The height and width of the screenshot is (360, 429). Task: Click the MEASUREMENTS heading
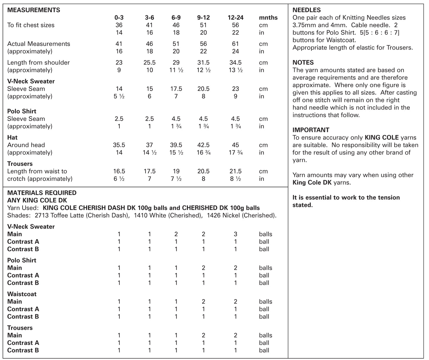(34, 10)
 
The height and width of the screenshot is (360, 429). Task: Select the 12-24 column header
(235, 18)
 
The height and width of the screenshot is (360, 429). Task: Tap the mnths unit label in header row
(268, 18)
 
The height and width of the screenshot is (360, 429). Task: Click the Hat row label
(12, 138)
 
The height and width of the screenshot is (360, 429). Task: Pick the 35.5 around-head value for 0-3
(119, 145)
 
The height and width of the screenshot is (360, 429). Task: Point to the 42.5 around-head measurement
(203, 145)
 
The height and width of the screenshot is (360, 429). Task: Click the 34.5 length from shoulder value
(235, 63)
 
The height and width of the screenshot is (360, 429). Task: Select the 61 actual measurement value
(235, 44)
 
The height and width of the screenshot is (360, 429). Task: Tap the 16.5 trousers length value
(119, 171)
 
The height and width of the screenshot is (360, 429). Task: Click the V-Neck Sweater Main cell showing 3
(235, 234)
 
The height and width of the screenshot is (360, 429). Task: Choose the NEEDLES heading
(307, 10)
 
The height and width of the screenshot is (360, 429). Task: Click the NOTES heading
(303, 63)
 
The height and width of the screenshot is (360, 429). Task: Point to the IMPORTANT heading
(311, 130)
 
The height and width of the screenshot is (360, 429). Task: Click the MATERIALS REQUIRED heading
(42, 193)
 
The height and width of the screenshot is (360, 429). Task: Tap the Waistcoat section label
(22, 294)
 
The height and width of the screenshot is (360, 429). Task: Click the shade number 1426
(213, 216)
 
